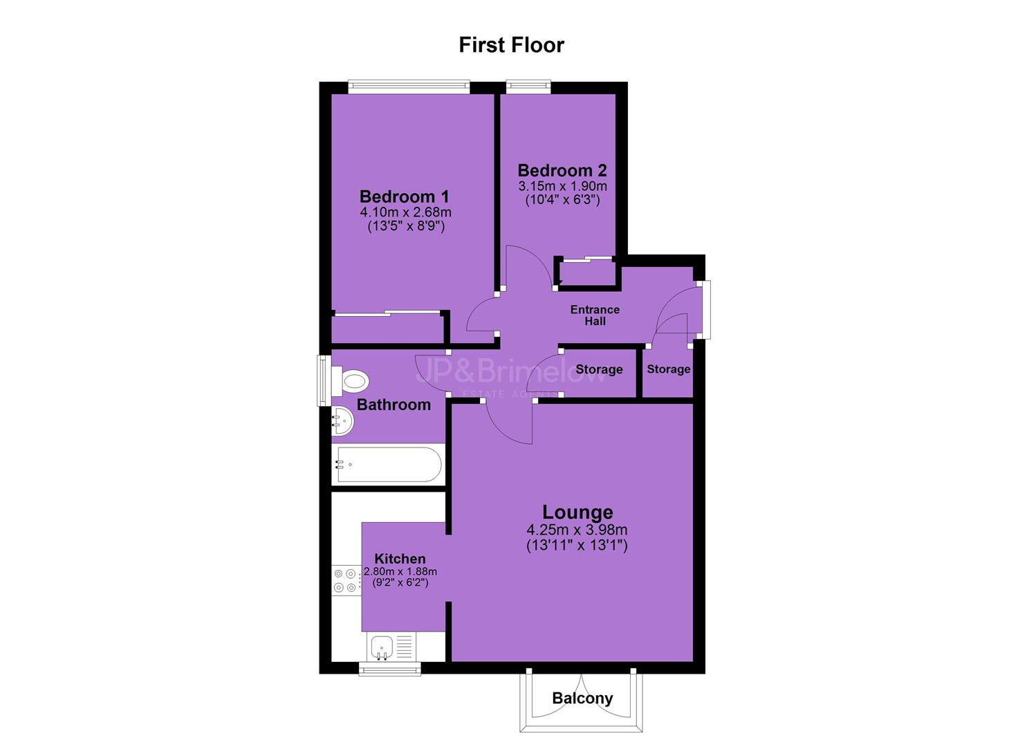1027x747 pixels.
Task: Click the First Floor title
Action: coord(511,45)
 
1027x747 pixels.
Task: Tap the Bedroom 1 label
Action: coord(404,196)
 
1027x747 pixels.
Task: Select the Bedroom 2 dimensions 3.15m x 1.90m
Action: coord(562,186)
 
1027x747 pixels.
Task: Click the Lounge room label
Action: coord(577,513)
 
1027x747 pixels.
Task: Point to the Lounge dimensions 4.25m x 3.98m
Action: coord(577,530)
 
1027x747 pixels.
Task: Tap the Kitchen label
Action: coord(400,559)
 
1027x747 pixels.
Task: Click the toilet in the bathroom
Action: coord(350,380)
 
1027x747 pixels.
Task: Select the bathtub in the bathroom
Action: coord(389,465)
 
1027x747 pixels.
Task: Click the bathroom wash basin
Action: coord(342,421)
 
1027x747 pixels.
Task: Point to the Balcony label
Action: coord(582,699)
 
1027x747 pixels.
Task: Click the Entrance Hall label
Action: coord(595,315)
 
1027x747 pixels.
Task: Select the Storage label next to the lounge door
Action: coord(599,369)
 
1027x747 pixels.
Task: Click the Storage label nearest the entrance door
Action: coord(669,369)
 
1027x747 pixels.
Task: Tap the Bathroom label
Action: coord(394,405)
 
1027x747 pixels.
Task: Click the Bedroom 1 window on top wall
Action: coord(409,86)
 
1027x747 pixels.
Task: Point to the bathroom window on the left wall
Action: coord(324,380)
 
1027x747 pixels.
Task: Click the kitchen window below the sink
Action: coord(390,669)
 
